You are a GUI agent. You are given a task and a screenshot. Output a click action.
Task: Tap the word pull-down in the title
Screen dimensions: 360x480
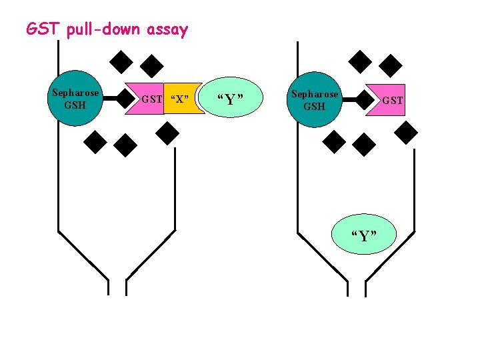point(99,30)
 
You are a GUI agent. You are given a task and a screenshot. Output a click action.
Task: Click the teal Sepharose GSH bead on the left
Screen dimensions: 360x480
point(75,99)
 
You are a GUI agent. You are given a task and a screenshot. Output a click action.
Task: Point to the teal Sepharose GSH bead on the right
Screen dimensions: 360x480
point(314,99)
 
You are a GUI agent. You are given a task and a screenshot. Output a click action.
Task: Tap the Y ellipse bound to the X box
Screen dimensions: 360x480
point(230,99)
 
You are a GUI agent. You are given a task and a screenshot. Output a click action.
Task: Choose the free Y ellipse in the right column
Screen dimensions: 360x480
point(363,235)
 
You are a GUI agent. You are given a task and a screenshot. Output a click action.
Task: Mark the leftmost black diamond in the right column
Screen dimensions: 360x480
point(334,141)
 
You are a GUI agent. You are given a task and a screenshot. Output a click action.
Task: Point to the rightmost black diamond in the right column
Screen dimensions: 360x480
point(405,134)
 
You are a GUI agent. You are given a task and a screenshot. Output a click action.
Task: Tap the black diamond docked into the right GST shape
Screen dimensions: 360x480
point(365,99)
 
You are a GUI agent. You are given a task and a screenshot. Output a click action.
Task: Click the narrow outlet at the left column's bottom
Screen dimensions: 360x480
point(117,287)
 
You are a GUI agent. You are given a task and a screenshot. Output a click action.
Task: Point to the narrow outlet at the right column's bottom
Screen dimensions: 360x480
point(356,287)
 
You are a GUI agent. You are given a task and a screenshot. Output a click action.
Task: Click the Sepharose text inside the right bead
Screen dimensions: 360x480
point(315,94)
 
